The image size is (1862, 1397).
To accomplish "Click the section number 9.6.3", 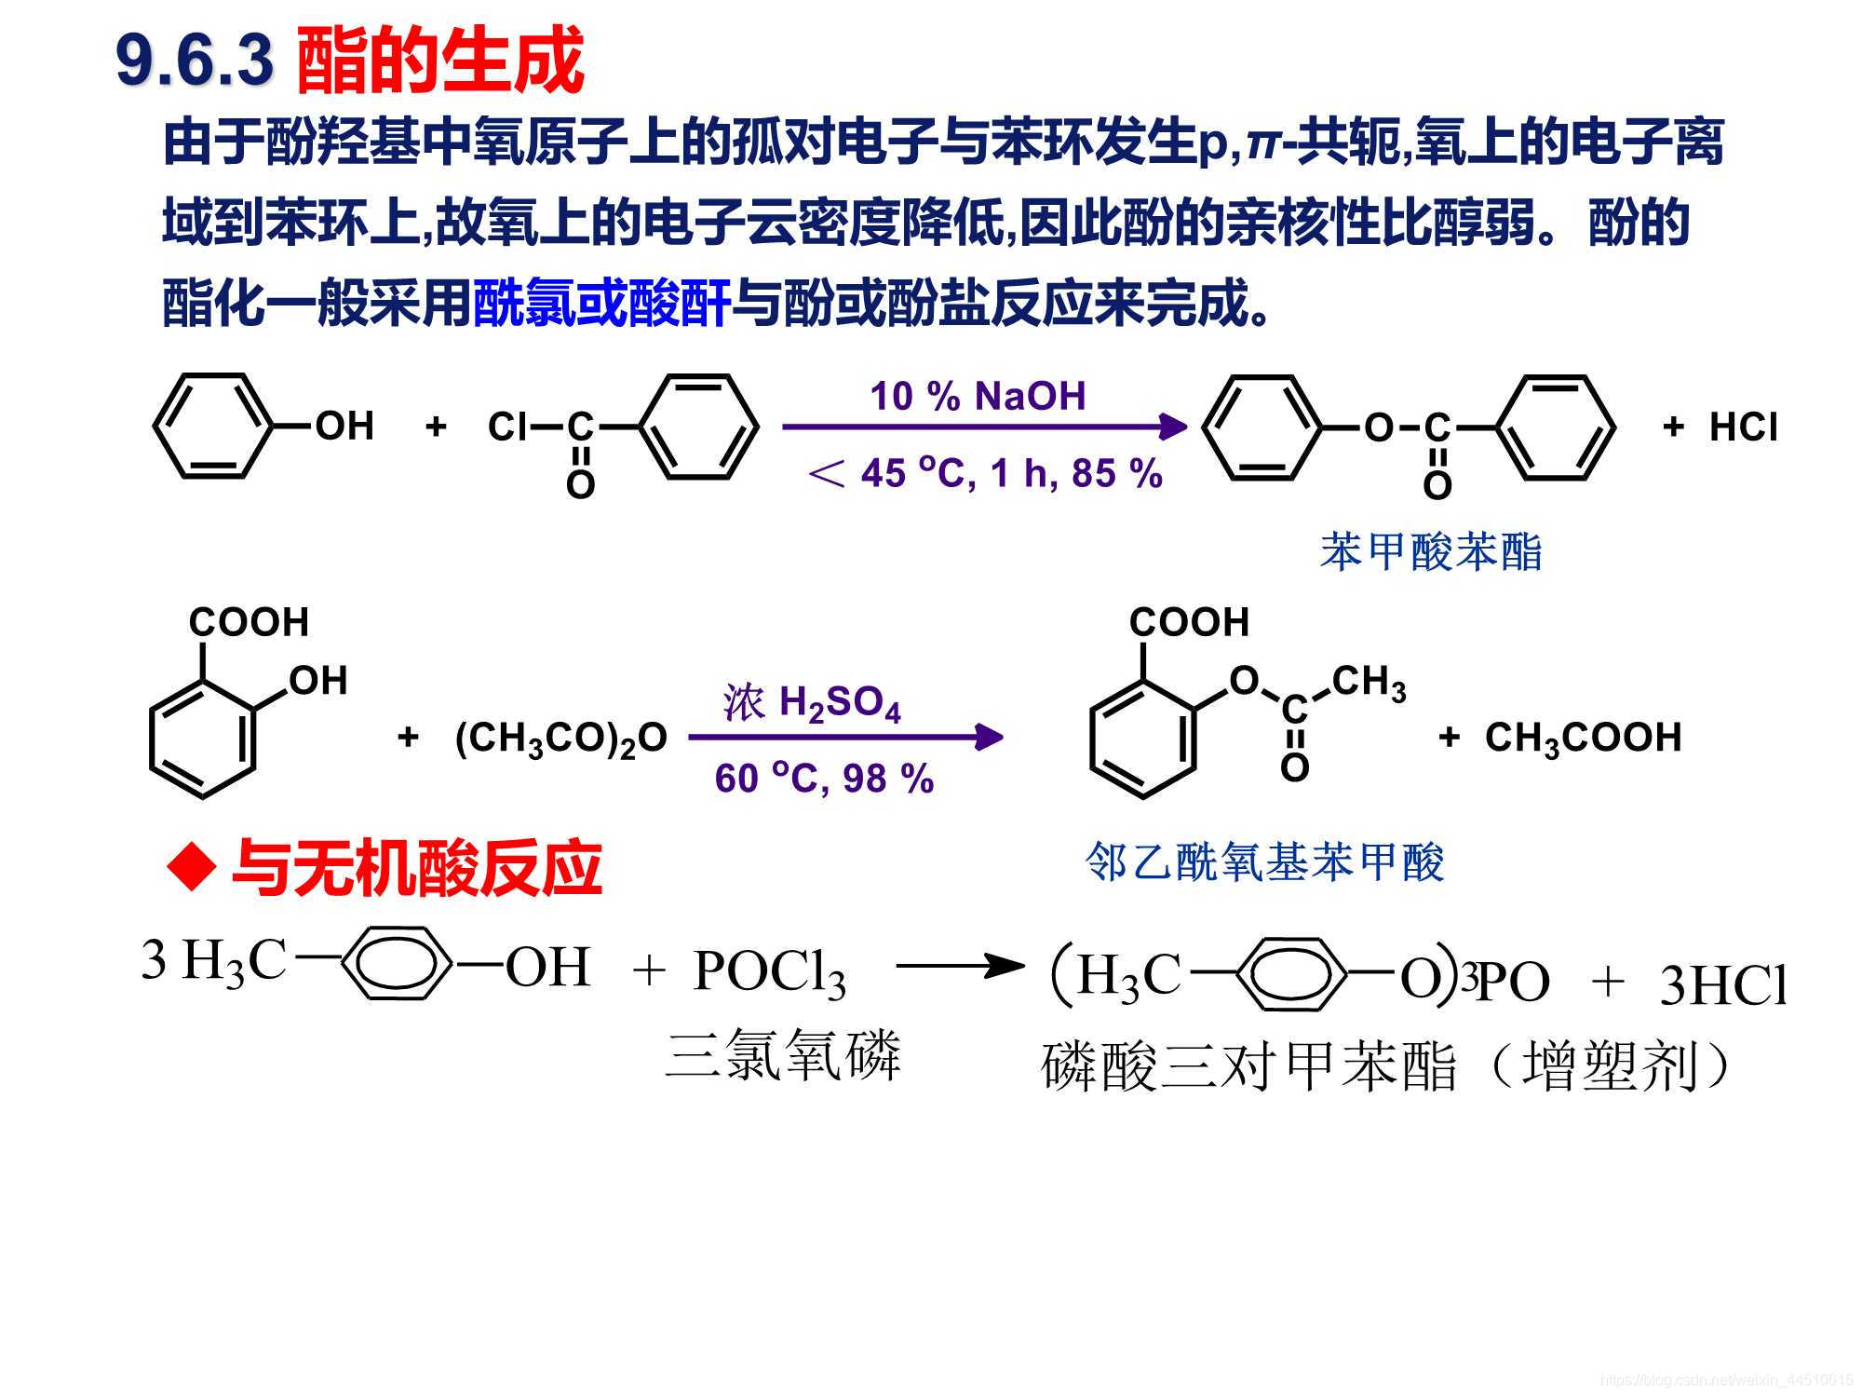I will (x=195, y=61).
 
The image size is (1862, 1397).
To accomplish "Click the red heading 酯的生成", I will (x=439, y=61).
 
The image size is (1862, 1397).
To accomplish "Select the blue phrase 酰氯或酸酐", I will (x=601, y=303).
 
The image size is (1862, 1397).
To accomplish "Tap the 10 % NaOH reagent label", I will (x=978, y=396).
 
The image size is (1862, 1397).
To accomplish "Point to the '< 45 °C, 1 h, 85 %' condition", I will (x=985, y=473).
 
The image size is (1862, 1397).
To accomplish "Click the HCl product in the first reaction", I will (x=1743, y=427).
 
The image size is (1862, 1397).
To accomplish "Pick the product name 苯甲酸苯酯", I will (x=1431, y=551).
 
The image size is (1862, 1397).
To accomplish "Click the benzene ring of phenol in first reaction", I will (x=213, y=427).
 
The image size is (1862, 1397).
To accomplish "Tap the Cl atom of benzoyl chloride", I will (x=507, y=427).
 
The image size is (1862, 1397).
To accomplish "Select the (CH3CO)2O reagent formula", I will (x=560, y=738).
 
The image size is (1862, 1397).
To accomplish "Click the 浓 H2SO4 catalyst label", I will (x=812, y=702).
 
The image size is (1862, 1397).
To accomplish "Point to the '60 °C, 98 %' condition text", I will (x=824, y=779).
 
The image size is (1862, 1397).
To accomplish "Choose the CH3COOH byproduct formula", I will (x=1583, y=738).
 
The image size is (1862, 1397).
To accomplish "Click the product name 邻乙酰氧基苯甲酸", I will (x=1264, y=861).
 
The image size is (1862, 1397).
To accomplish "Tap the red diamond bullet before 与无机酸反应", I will (x=192, y=867).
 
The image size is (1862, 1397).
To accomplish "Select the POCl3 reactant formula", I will (x=769, y=972).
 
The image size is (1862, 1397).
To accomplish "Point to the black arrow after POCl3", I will (x=959, y=966).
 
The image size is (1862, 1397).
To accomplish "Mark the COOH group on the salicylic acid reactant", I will (x=249, y=622).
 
